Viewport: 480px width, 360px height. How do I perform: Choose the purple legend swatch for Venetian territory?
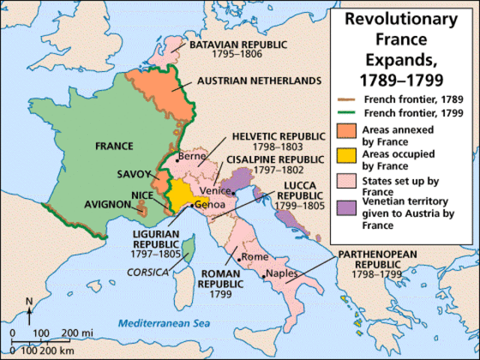click(346, 211)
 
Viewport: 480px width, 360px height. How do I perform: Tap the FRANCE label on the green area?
click(114, 145)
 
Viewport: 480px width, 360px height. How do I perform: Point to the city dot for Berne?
click(177, 159)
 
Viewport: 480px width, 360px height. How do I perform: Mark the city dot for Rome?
click(238, 259)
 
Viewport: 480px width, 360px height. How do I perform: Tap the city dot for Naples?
click(262, 276)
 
